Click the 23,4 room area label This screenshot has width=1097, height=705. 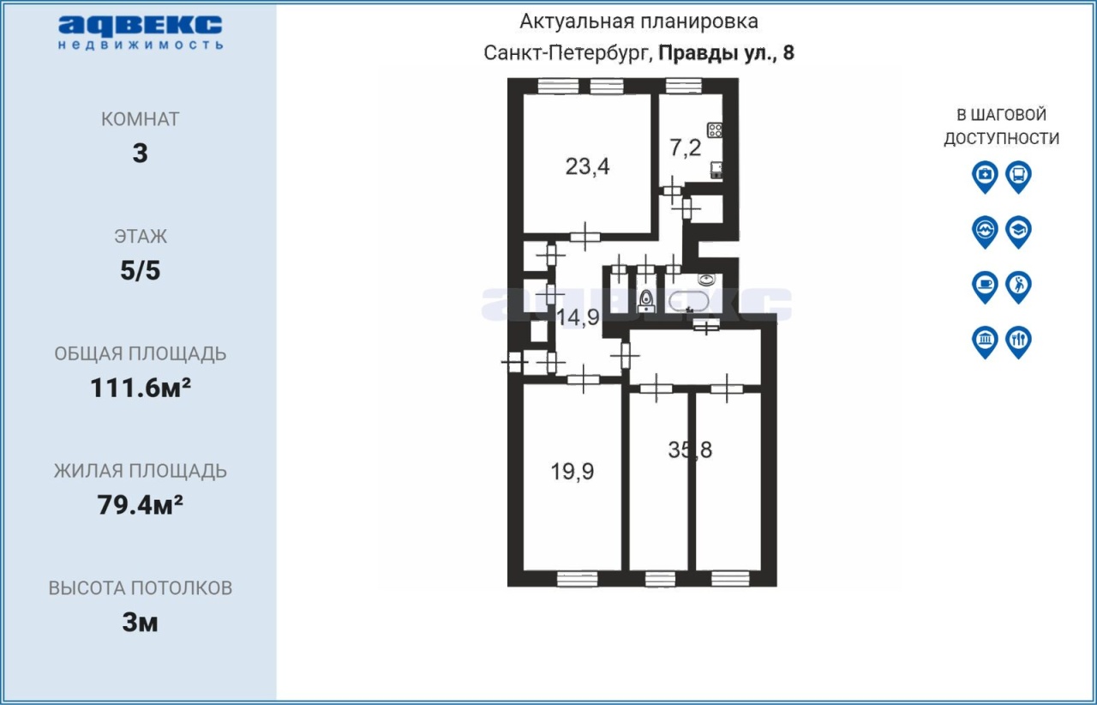(x=587, y=166)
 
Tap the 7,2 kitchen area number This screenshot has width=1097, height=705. (x=685, y=147)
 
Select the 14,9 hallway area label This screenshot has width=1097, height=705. (x=578, y=317)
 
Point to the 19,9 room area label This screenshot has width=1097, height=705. (x=572, y=472)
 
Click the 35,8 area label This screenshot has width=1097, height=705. (x=690, y=449)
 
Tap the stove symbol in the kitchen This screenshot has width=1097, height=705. (x=715, y=130)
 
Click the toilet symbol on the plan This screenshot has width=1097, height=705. (x=646, y=300)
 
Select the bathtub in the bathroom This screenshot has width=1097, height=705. (x=688, y=302)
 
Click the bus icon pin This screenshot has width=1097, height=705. (x=1018, y=177)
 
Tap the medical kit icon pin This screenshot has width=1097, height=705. (x=985, y=177)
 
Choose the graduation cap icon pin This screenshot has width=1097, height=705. (x=1018, y=232)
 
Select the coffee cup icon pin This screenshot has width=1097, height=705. (x=985, y=286)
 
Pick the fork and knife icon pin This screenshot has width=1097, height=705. (x=1018, y=341)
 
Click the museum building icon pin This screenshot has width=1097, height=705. (x=985, y=341)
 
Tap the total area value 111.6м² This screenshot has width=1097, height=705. (x=141, y=388)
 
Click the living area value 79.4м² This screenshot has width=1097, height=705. (x=140, y=505)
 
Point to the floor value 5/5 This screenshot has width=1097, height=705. (x=140, y=270)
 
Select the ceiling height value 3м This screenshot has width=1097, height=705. (x=140, y=623)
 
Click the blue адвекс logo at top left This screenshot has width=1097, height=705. (x=141, y=33)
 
